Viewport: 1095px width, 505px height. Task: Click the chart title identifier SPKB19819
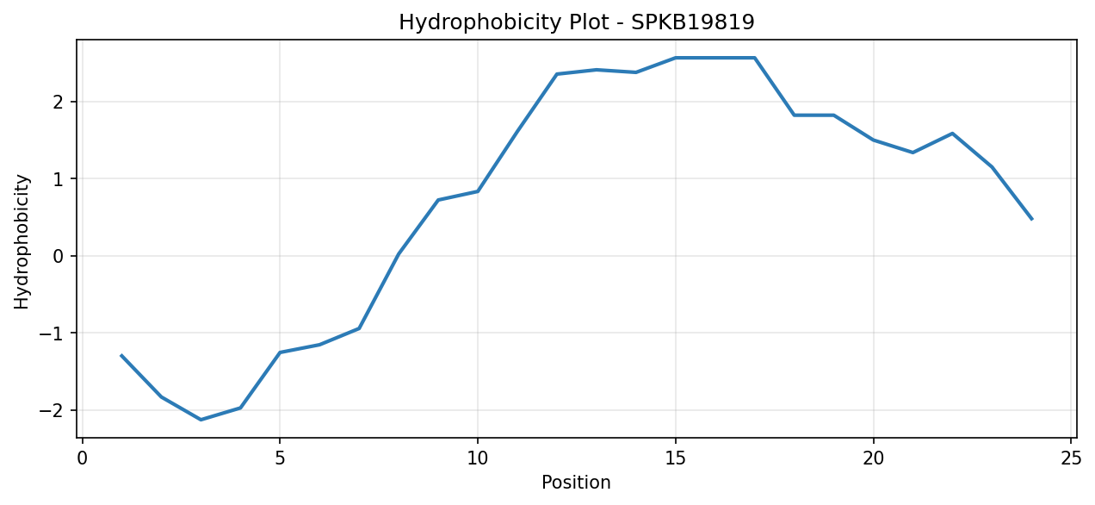[693, 22]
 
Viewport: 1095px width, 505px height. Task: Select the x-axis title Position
[577, 483]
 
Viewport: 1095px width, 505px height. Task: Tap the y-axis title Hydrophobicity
[22, 242]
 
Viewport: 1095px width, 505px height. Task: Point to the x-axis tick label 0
[82, 459]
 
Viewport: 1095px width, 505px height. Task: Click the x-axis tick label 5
[280, 459]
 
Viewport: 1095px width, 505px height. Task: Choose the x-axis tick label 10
[478, 459]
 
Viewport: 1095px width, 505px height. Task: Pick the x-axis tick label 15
[676, 459]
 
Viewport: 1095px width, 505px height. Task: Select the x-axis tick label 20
[874, 459]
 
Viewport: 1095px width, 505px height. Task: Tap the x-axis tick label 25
[1071, 459]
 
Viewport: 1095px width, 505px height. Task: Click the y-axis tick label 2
[59, 103]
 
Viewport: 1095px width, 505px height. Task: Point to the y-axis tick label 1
[59, 179]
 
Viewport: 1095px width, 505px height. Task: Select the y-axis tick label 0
[59, 257]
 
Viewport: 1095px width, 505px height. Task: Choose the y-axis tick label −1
[52, 334]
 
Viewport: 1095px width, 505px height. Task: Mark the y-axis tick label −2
[52, 410]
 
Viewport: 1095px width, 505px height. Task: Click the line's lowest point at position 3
[201, 420]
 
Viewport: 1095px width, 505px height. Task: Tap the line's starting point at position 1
[121, 355]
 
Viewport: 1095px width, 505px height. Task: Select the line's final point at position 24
[1032, 219]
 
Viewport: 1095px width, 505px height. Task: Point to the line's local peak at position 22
[953, 133]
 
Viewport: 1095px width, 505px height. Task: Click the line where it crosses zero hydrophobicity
[398, 256]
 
